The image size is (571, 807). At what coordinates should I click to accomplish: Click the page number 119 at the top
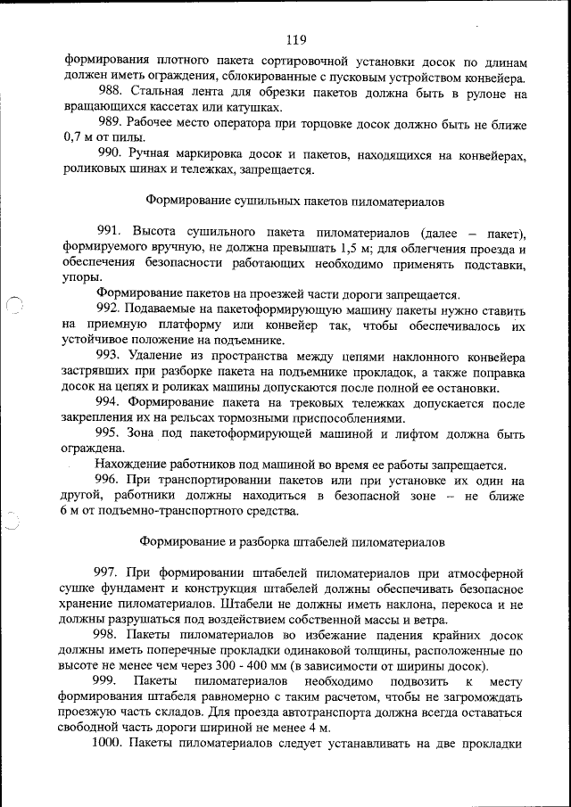[x=297, y=39]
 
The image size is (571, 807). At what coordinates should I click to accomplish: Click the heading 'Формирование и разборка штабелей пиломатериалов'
[x=295, y=541]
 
